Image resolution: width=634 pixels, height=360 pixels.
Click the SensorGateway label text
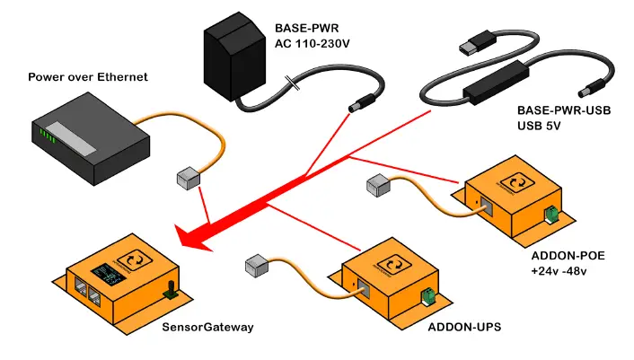tap(207, 327)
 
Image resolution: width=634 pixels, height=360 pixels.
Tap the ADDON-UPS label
tap(464, 327)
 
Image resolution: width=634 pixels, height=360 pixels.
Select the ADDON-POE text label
tap(568, 256)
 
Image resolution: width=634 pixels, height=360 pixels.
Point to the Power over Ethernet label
tap(88, 77)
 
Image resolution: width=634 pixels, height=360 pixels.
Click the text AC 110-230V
tap(313, 44)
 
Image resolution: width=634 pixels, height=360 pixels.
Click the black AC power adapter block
tap(234, 56)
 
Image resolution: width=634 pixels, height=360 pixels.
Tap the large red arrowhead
tap(193, 239)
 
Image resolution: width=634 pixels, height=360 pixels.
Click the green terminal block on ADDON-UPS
tap(427, 297)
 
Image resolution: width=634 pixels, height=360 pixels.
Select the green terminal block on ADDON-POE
tap(551, 215)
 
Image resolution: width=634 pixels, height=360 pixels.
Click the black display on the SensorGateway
tap(108, 275)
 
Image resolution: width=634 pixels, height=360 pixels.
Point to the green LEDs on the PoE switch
tap(47, 136)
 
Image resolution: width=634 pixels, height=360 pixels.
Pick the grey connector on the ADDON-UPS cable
tap(257, 266)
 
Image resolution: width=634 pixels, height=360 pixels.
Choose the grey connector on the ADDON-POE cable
tap(378, 186)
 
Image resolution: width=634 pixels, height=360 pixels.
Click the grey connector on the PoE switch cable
tap(189, 178)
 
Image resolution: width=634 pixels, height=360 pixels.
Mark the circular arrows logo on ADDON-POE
tap(517, 182)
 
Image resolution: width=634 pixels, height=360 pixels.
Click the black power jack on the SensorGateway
tap(171, 290)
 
